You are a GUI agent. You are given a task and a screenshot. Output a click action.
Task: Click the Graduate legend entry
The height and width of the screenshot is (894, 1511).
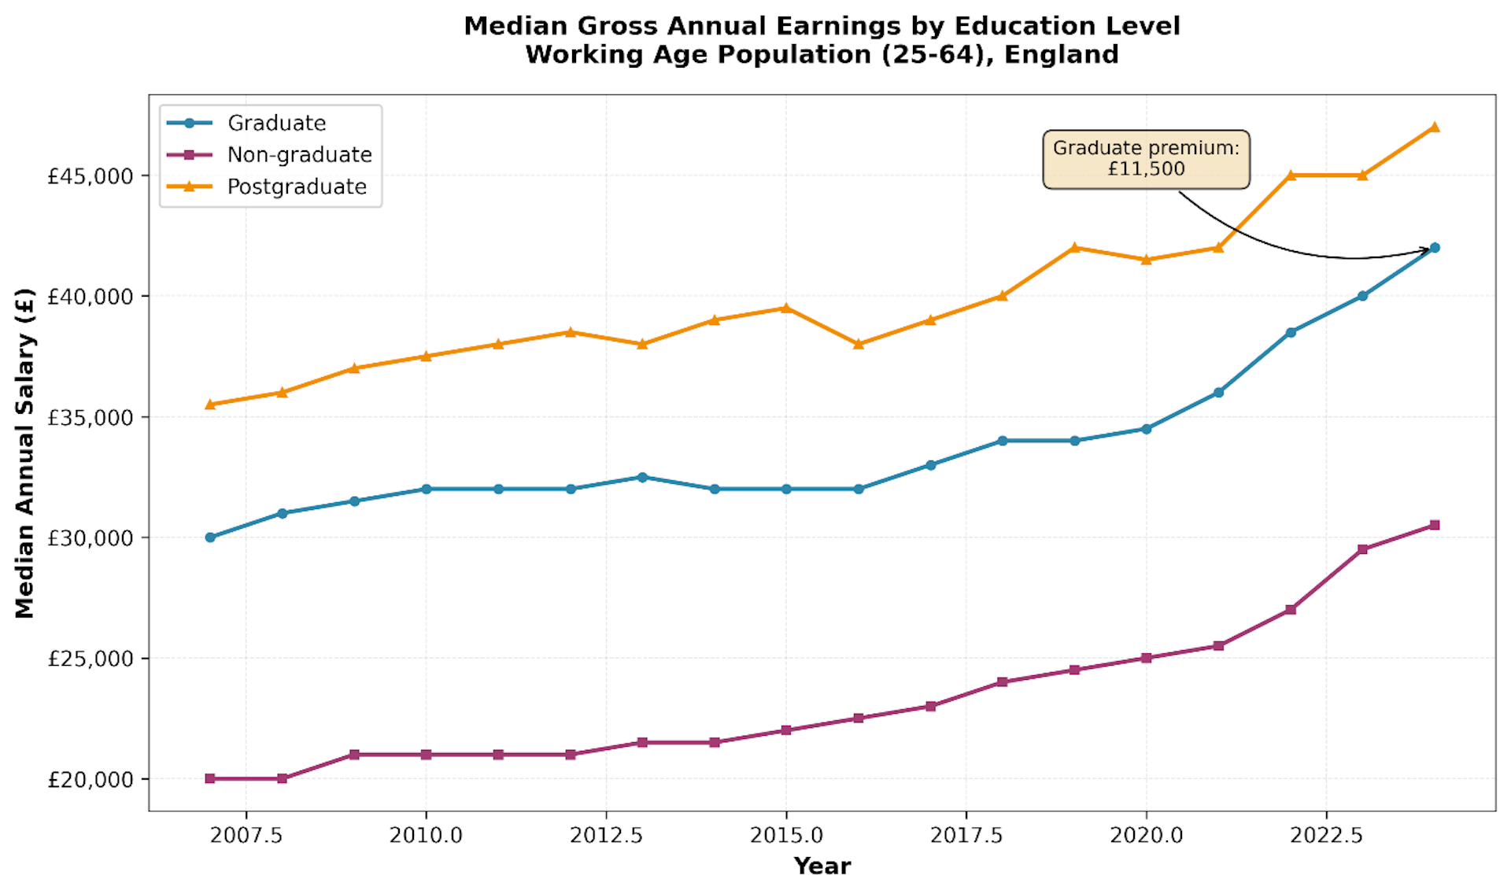(x=276, y=124)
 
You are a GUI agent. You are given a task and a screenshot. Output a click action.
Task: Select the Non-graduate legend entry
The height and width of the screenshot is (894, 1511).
(x=299, y=155)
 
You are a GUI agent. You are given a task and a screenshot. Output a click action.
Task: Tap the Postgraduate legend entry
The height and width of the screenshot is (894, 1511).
(x=297, y=187)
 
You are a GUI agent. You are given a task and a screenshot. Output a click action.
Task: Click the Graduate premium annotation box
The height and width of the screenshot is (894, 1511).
(x=1146, y=159)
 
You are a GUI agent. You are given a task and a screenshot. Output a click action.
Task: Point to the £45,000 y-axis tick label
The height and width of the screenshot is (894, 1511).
(x=91, y=176)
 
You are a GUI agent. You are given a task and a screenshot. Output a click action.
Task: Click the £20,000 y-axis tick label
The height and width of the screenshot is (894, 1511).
(x=91, y=780)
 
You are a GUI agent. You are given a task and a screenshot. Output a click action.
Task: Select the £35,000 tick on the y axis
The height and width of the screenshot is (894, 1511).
(x=91, y=418)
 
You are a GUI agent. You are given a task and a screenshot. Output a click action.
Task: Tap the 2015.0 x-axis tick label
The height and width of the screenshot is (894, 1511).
(x=786, y=836)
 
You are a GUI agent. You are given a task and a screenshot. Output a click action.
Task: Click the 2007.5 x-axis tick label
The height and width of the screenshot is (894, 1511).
(x=246, y=836)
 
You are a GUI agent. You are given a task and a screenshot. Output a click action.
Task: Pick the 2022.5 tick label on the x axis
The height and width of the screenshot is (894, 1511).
(x=1326, y=836)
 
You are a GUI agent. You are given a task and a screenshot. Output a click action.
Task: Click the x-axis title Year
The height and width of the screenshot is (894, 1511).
(x=822, y=866)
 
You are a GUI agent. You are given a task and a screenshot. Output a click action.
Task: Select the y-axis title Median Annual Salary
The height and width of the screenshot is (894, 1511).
(x=25, y=453)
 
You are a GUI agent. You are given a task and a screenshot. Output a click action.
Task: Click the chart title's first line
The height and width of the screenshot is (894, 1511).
(x=822, y=26)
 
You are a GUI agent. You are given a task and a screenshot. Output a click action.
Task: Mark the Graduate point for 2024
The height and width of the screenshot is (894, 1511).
(x=1435, y=248)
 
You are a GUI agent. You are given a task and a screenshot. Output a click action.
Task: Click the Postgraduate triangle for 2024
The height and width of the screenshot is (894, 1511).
(x=1435, y=127)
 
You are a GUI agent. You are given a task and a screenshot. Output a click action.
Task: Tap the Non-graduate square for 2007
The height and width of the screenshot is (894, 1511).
(x=210, y=779)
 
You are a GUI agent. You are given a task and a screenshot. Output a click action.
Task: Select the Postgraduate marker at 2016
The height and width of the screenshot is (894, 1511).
(x=859, y=344)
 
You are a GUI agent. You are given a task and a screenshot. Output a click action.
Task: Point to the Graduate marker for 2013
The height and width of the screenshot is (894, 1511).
(x=642, y=477)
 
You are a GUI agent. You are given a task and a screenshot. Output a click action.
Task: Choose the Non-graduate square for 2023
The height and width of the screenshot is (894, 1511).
(x=1362, y=549)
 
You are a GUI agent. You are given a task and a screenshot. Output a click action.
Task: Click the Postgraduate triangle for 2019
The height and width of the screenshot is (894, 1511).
(x=1074, y=247)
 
